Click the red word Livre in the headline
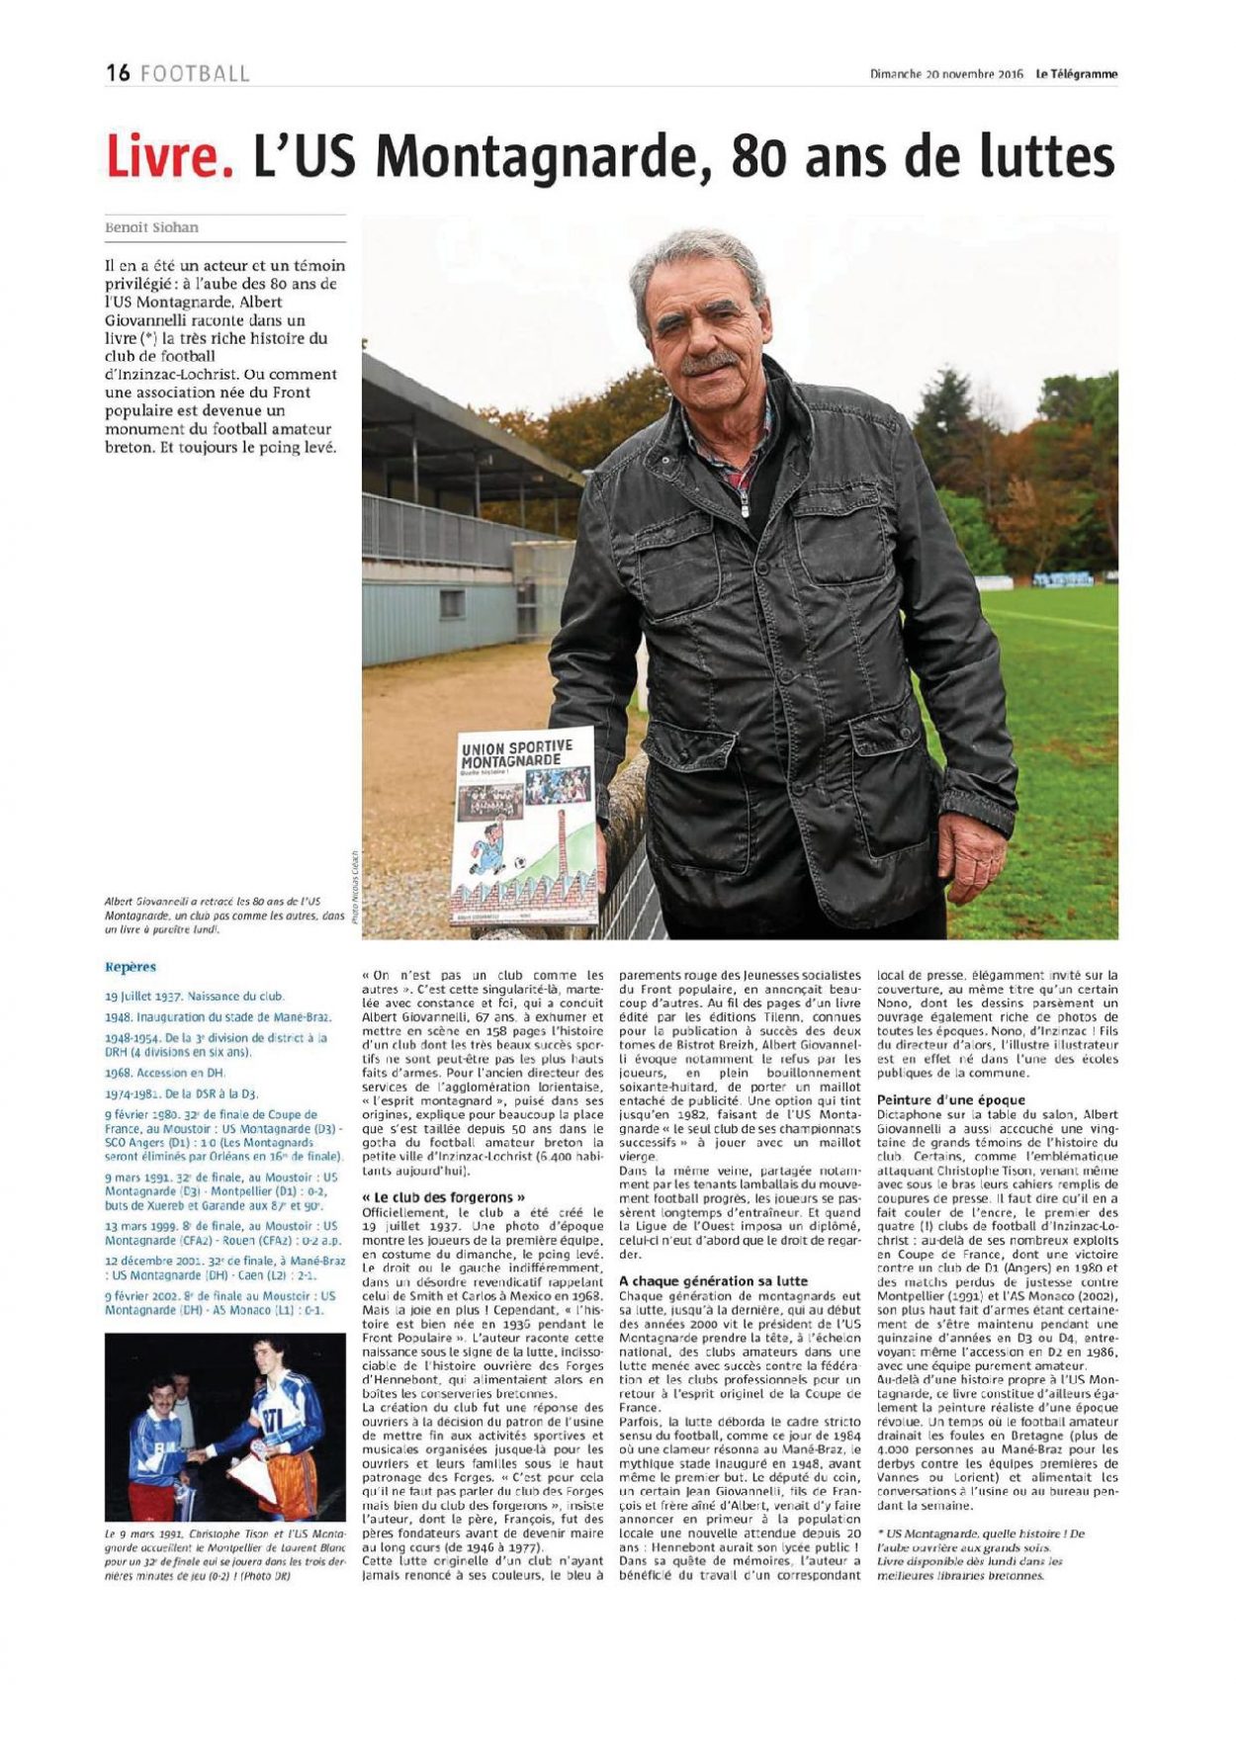(169, 157)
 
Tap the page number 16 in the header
(118, 73)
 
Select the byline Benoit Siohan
(151, 227)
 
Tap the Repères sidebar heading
(131, 967)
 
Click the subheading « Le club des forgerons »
(436, 1197)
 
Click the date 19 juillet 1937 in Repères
(143, 997)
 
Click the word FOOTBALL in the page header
(195, 73)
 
